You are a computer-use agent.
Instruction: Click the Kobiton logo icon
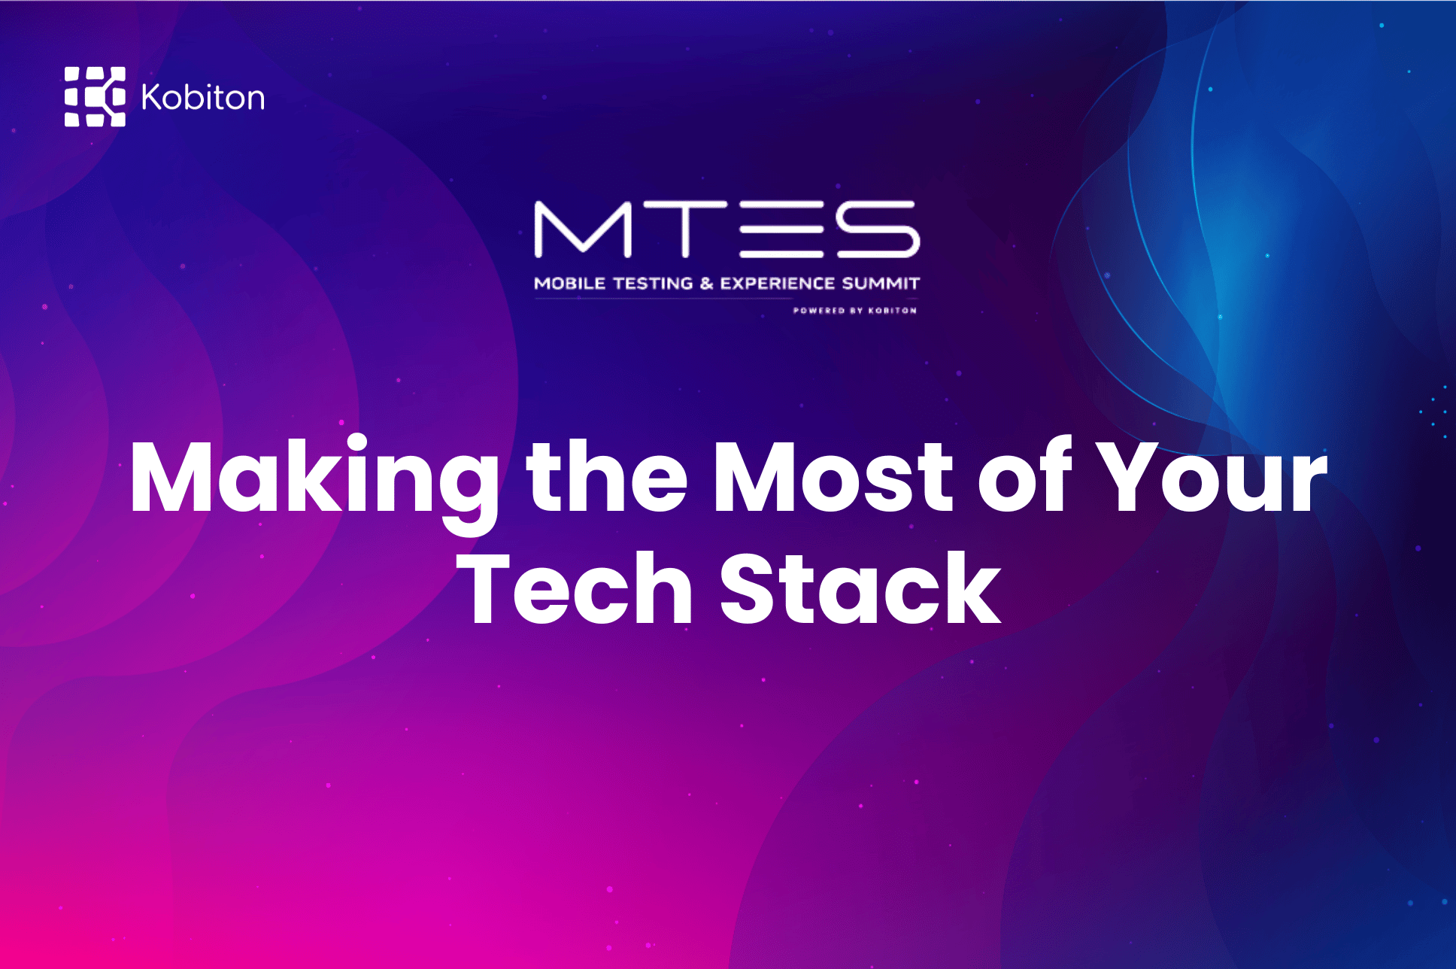pyautogui.click(x=95, y=96)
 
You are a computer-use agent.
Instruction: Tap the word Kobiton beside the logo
pyautogui.click(x=203, y=98)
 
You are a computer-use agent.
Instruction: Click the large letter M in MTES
pyautogui.click(x=583, y=229)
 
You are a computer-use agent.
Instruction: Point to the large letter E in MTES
pyautogui.click(x=782, y=229)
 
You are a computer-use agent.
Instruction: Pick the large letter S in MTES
pyautogui.click(x=878, y=229)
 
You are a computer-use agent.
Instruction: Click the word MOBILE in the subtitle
pyautogui.click(x=569, y=284)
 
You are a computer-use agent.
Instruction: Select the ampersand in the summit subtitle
pyautogui.click(x=706, y=284)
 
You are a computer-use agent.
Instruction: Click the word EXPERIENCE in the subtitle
pyautogui.click(x=778, y=284)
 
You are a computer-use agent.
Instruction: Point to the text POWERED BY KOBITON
pyautogui.click(x=855, y=310)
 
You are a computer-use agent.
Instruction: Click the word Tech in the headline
pyautogui.click(x=574, y=588)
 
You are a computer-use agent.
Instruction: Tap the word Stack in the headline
pyautogui.click(x=860, y=588)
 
